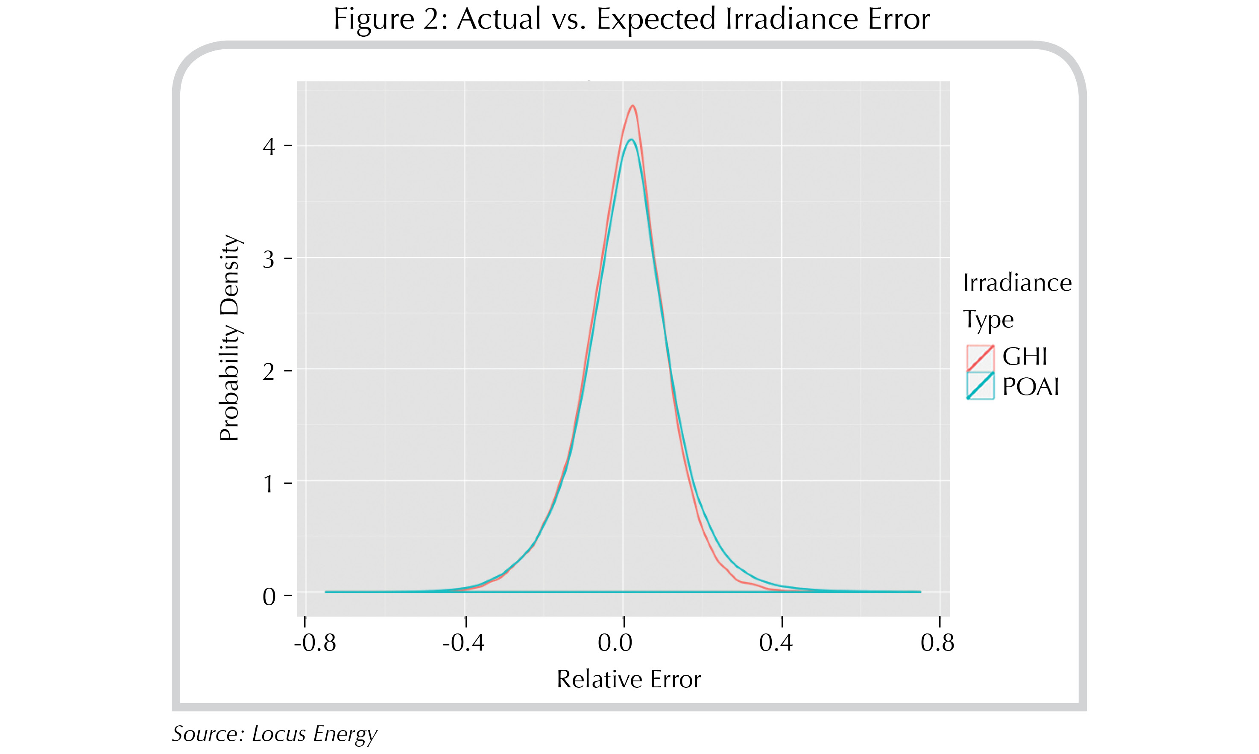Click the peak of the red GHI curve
[x=632, y=106]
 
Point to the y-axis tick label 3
[x=269, y=259]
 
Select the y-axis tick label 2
[x=269, y=372]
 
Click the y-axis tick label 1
[x=269, y=484]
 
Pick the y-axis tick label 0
[x=269, y=597]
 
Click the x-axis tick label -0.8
[x=315, y=643]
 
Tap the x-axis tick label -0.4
[x=463, y=643]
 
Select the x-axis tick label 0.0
[x=615, y=643]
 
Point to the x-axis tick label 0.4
[x=776, y=643]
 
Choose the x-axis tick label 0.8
[x=937, y=643]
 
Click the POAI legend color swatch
[x=980, y=386]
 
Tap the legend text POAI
[x=1031, y=387]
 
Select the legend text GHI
[x=1025, y=356]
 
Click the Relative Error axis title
[x=629, y=679]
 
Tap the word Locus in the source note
[x=279, y=733]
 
